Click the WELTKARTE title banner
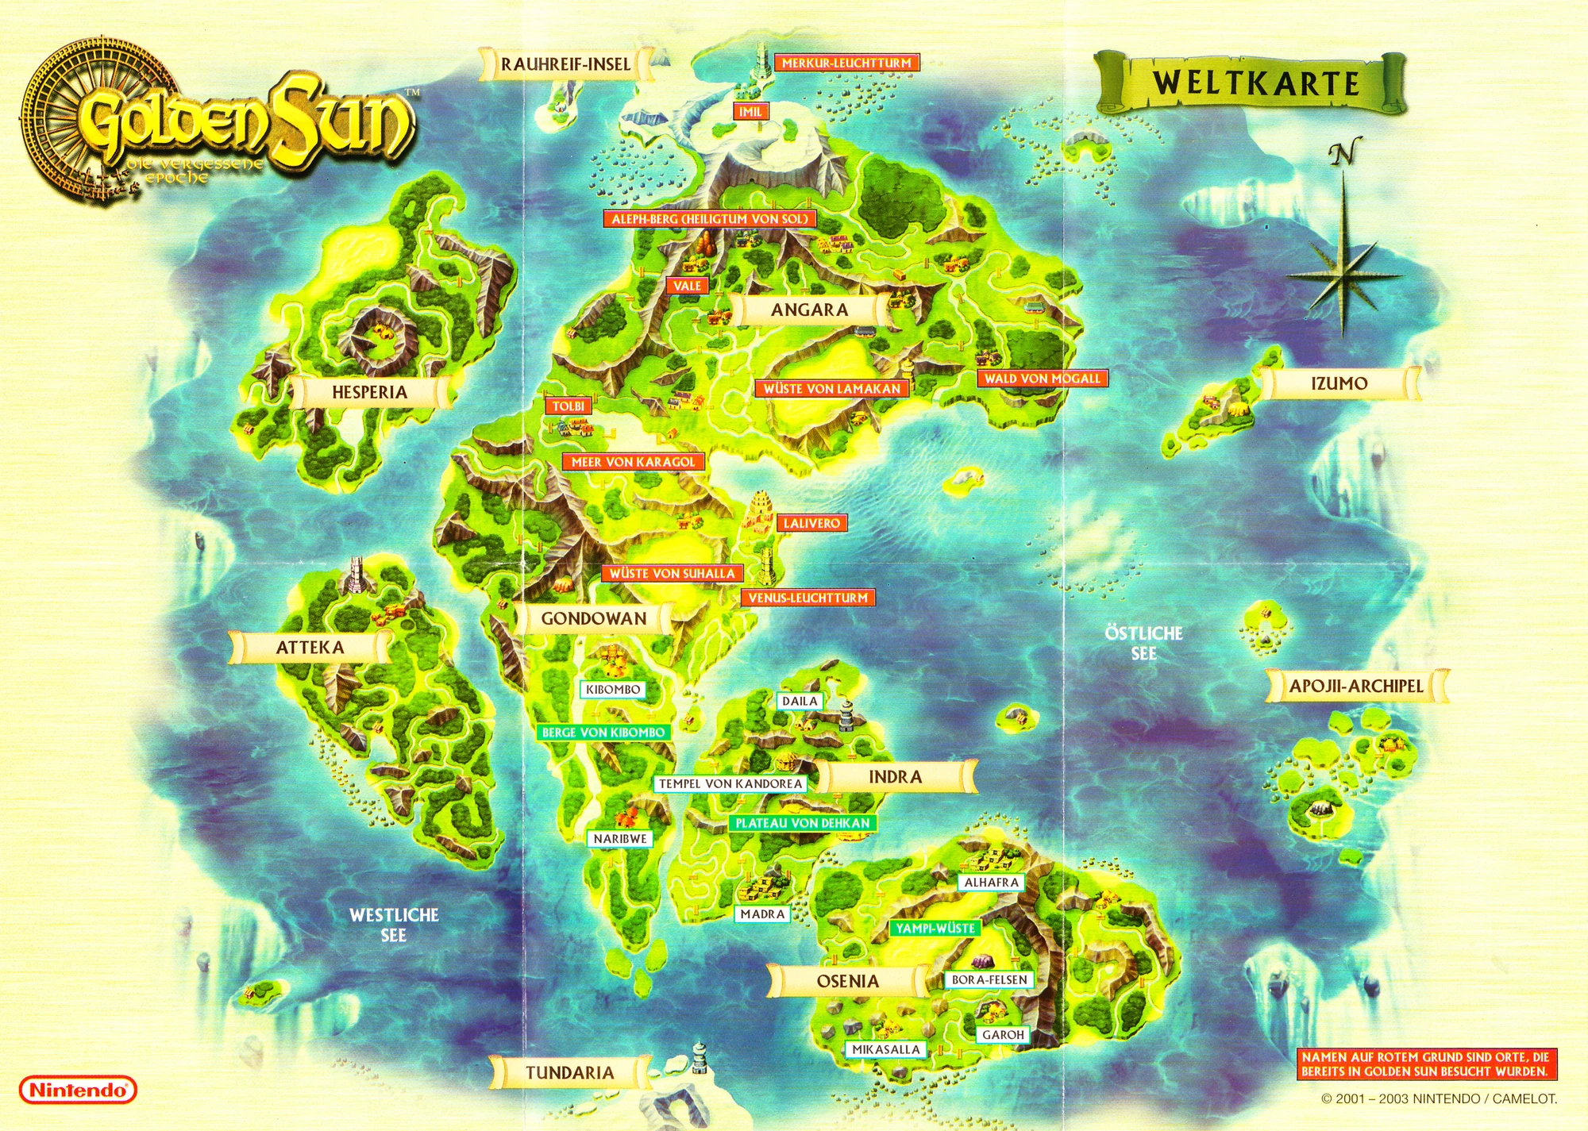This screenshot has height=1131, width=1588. coord(1255,83)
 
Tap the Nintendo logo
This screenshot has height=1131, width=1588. coord(78,1090)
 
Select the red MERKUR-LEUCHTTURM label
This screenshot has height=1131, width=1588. coord(846,63)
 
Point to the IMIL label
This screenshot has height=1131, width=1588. coord(750,112)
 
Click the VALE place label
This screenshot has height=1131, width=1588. coord(687,286)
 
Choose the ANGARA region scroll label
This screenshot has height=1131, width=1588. coord(809,310)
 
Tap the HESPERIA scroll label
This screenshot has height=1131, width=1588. coord(369,391)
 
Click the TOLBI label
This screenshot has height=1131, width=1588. coord(568,406)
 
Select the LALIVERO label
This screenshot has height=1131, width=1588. coord(811,523)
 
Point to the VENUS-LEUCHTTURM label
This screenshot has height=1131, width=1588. coord(807,598)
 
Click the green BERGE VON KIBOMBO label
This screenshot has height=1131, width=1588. coord(603,733)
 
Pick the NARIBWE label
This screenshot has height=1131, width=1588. coord(620,838)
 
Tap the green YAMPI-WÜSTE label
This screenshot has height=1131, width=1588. coord(935,928)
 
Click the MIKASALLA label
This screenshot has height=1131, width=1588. coord(885,1049)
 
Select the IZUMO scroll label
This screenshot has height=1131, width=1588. coord(1339,383)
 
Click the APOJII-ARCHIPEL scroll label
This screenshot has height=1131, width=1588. coord(1355,686)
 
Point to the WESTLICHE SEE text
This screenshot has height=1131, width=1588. coord(394,925)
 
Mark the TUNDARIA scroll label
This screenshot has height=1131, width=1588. coord(569,1073)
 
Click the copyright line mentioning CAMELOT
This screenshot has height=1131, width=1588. coord(1439,1098)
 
